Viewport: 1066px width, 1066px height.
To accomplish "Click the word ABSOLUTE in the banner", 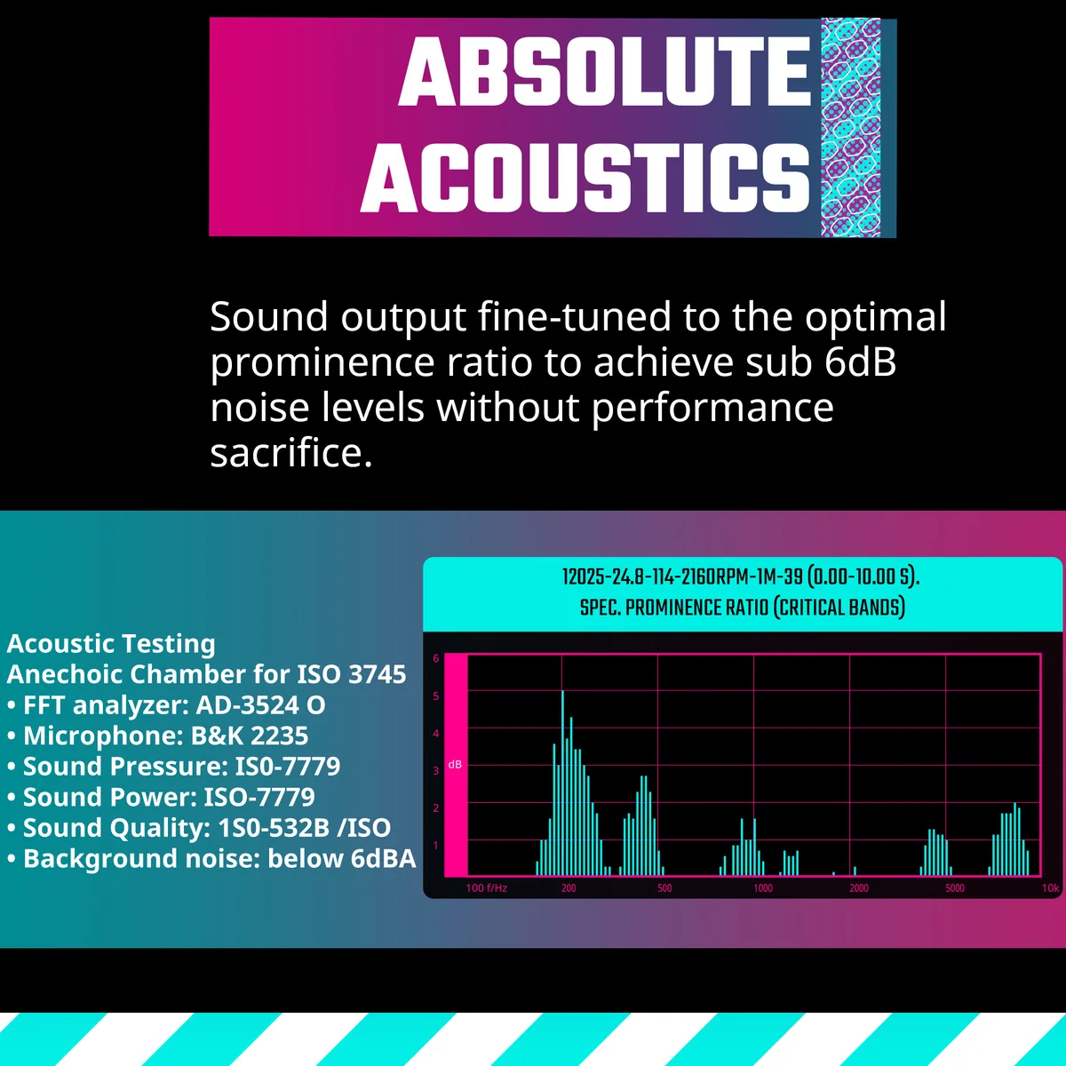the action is point(604,71).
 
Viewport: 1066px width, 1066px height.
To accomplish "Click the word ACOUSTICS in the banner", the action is point(585,178).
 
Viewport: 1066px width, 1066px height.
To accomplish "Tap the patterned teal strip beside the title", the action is point(850,127).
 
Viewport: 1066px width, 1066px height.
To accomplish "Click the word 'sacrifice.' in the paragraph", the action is point(291,452).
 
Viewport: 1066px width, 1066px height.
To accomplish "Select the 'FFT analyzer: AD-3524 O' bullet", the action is point(166,705).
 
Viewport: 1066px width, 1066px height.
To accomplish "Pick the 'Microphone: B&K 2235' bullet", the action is point(157,736).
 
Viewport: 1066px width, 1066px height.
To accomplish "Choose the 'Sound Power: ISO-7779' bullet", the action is point(161,797).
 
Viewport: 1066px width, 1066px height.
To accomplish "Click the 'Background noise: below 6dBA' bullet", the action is point(211,858).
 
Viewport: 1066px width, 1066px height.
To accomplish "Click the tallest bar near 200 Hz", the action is point(562,783).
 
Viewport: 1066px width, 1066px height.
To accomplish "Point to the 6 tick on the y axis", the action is point(436,658).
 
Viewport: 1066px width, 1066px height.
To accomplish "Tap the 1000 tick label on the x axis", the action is point(763,888).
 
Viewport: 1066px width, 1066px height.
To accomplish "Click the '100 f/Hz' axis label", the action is point(486,888).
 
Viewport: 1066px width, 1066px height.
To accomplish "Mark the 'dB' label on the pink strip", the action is point(455,765).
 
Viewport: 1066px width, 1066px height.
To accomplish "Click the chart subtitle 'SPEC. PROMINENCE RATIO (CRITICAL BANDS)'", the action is point(743,608).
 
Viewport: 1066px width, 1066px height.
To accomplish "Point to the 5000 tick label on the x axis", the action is point(955,888).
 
